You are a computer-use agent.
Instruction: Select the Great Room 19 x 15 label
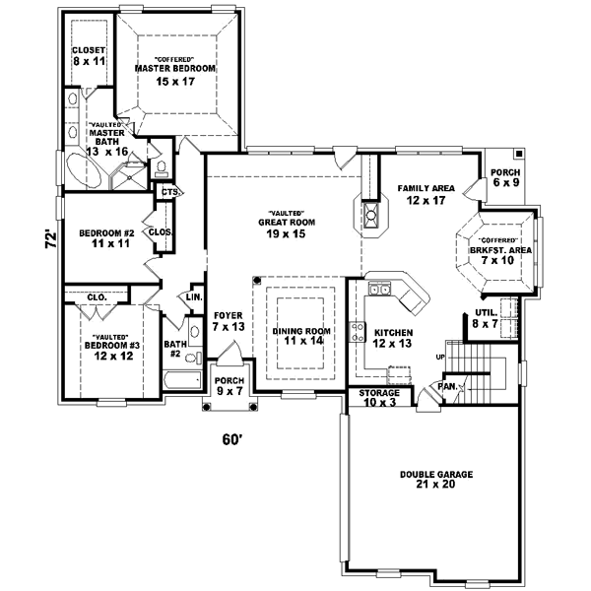point(287,227)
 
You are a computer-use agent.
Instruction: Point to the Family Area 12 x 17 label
point(425,193)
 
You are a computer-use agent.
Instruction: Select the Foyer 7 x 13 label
point(229,320)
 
